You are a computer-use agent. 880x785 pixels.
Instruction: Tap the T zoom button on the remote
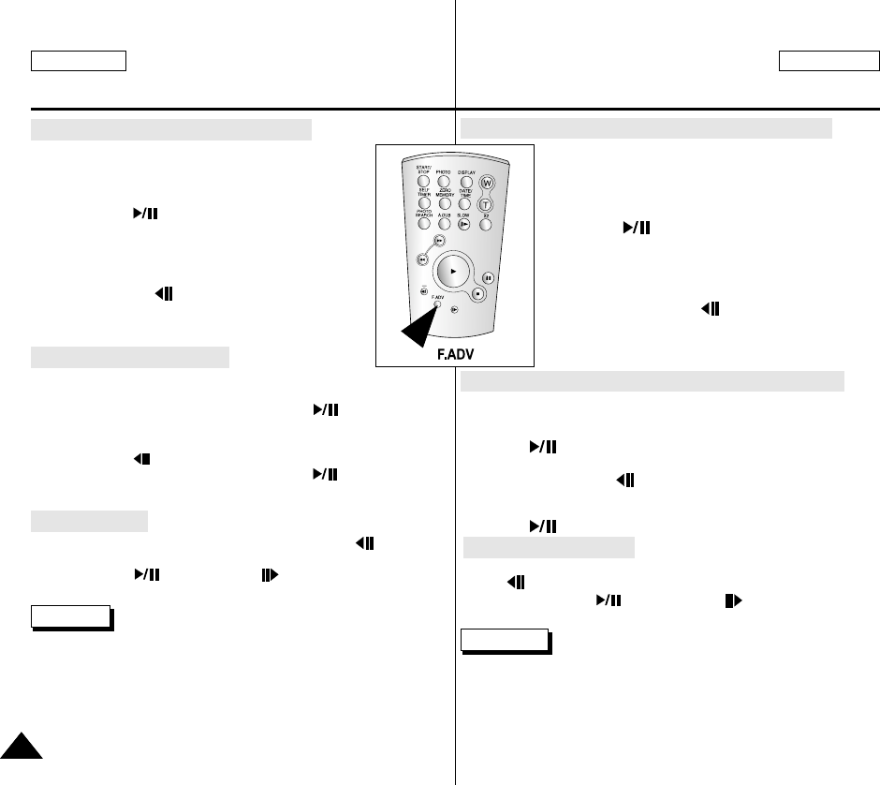click(x=485, y=204)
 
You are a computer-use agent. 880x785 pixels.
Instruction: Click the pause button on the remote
click(x=488, y=277)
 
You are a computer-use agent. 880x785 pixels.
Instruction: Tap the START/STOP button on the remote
click(x=423, y=182)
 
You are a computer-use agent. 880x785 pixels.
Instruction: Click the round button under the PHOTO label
click(x=445, y=182)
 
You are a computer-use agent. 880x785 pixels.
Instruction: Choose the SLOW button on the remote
click(x=464, y=225)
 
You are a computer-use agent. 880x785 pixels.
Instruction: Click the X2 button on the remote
click(x=486, y=225)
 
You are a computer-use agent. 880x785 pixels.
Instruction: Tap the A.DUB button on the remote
click(x=445, y=225)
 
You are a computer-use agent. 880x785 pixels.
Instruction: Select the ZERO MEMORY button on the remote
click(x=445, y=203)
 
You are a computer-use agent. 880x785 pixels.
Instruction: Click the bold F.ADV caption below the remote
click(x=454, y=356)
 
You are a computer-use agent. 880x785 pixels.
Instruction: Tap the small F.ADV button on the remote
click(x=436, y=304)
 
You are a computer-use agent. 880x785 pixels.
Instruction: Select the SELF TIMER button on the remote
click(x=423, y=203)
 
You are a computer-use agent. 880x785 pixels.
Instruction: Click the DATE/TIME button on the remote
click(x=464, y=203)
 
